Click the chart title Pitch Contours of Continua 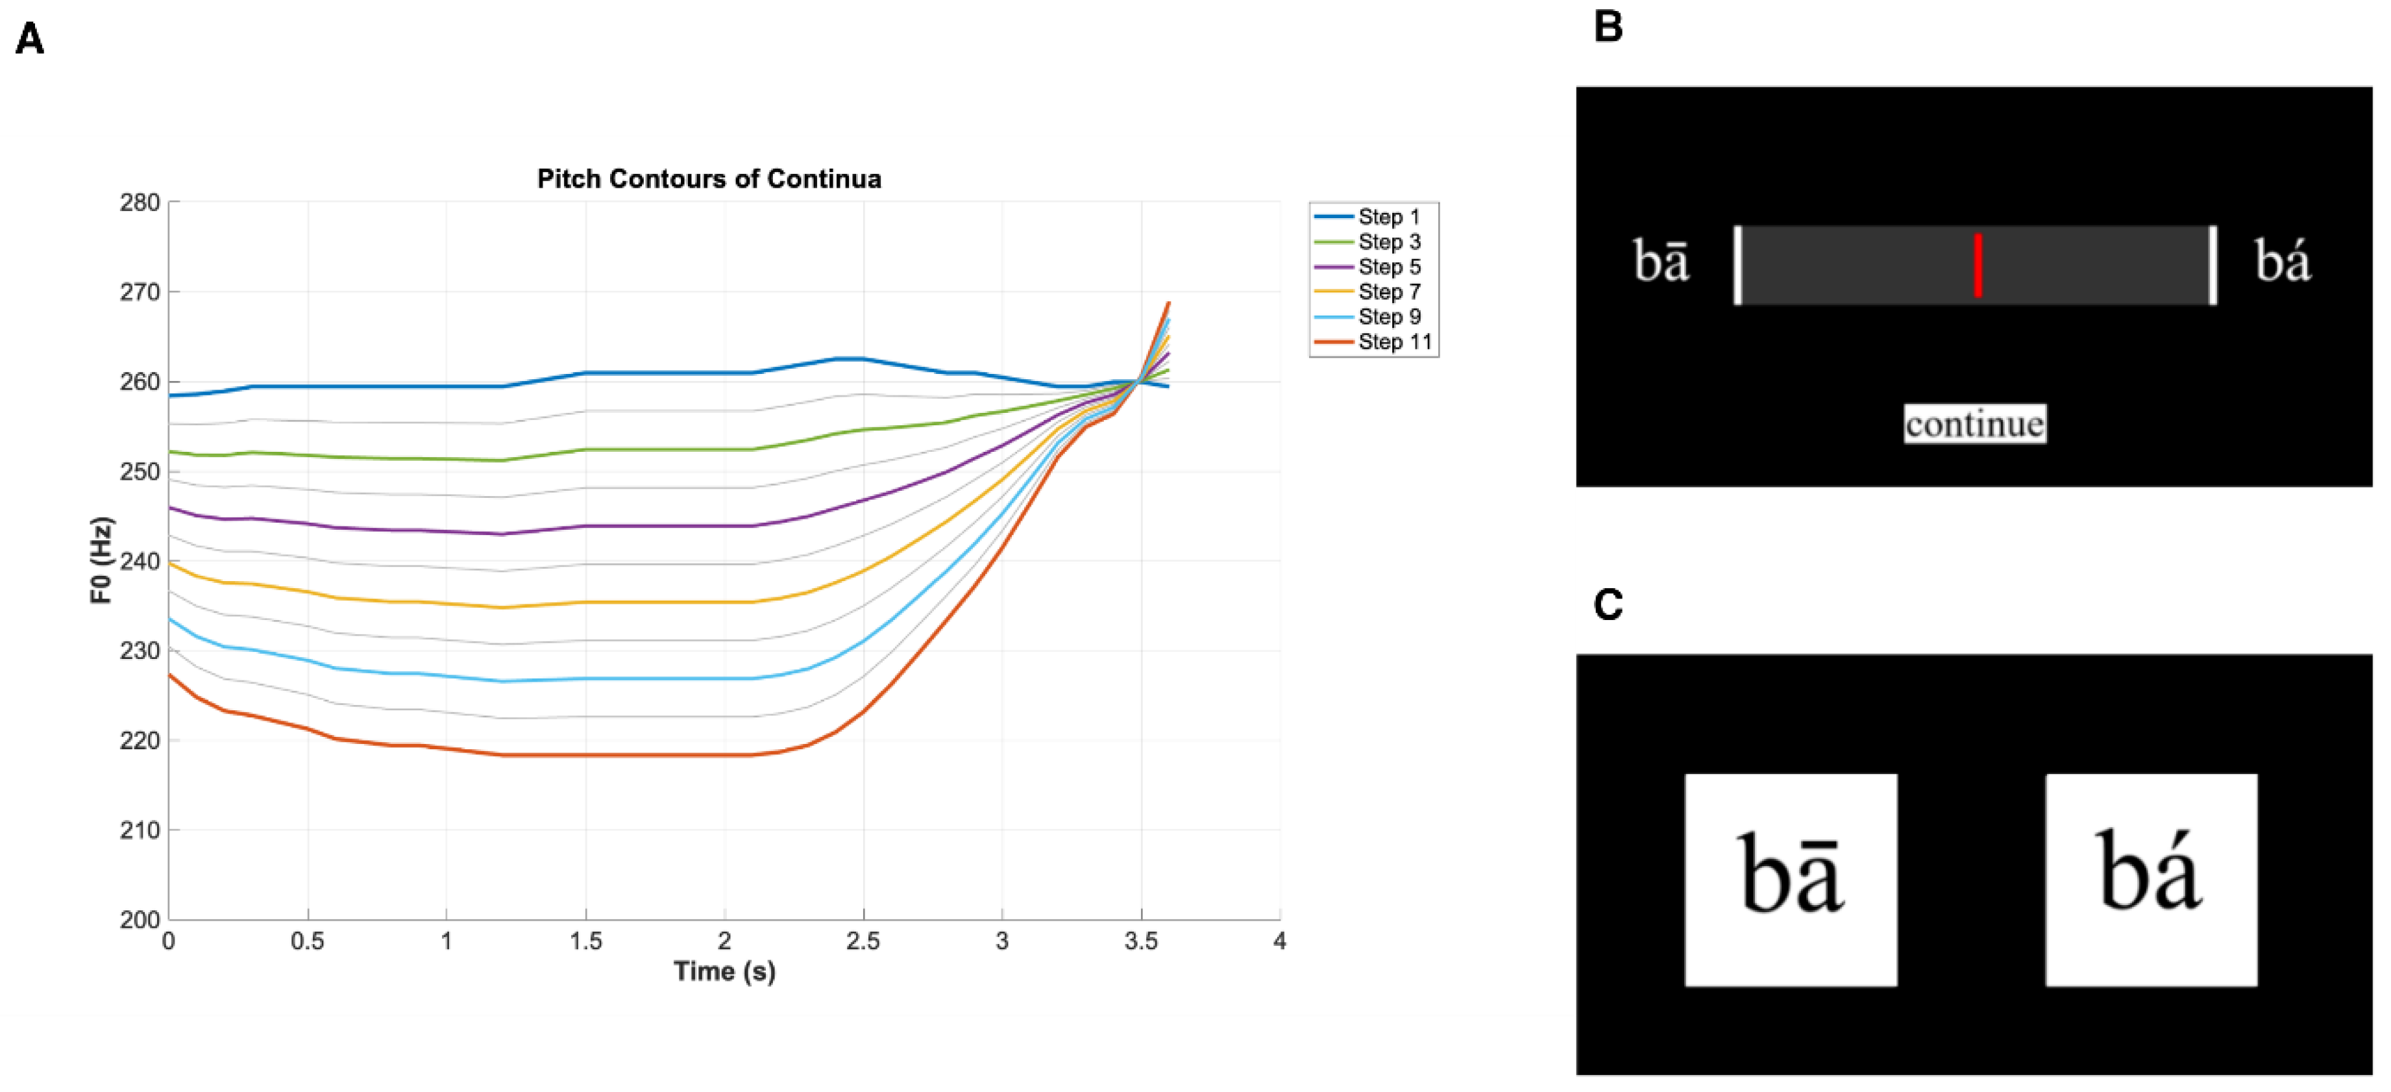709,179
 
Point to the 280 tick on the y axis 140,203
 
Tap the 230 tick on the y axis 140,651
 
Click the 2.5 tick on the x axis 863,941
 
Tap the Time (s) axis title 724,971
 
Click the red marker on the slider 1978,265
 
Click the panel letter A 30,40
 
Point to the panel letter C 1608,606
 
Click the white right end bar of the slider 2213,265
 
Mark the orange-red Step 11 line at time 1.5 585,755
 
